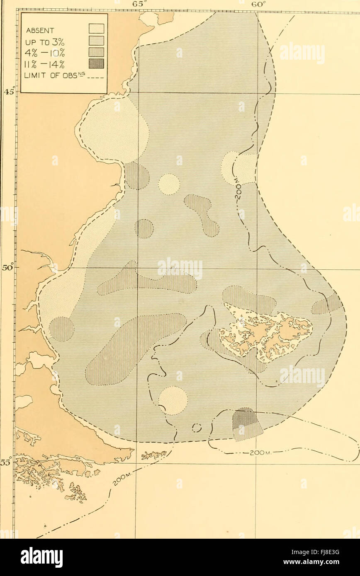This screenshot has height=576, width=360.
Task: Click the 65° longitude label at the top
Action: [125, 3]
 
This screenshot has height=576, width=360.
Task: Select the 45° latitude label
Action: [10, 92]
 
